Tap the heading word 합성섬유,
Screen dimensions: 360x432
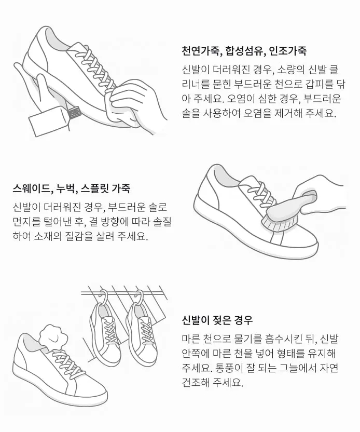pos(245,51)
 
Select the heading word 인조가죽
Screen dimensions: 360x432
pos(287,51)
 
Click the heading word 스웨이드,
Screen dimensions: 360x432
pos(33,188)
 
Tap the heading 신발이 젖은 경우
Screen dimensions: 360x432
pos(217,320)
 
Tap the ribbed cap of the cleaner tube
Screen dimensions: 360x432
pos(74,113)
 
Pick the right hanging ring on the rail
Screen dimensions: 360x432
pos(139,296)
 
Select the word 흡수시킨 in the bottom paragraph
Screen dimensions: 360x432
pos(282,339)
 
